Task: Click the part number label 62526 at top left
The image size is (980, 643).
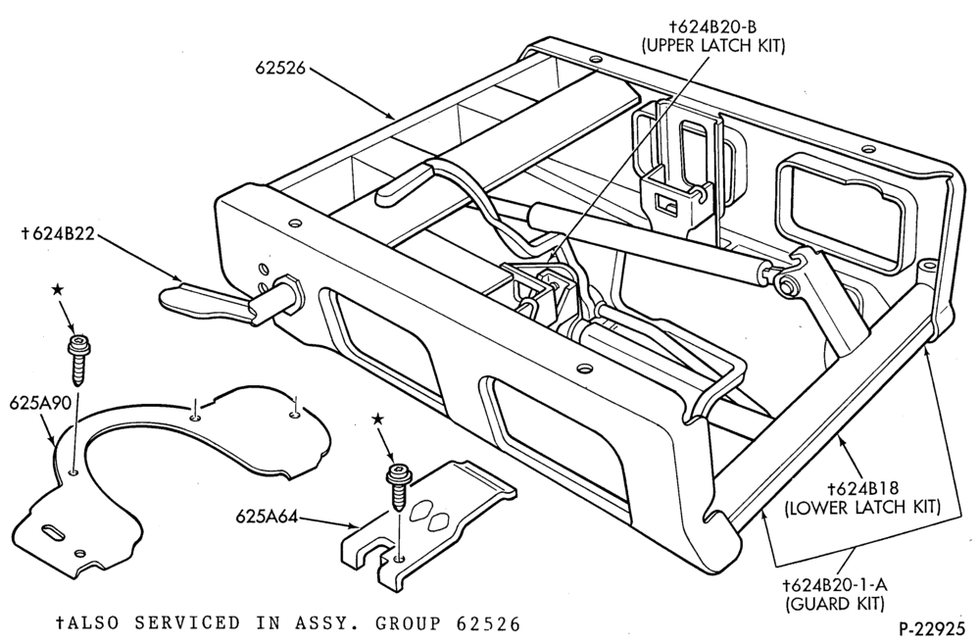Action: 280,68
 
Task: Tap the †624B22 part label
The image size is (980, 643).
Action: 58,233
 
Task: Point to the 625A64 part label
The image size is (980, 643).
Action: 262,517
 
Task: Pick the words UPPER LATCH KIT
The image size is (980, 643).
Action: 713,46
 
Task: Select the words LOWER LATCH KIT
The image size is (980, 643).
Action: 862,507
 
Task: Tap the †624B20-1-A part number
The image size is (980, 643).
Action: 835,585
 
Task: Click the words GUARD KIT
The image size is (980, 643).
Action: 835,604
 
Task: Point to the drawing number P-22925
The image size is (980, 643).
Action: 934,626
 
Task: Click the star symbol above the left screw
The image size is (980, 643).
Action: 58,289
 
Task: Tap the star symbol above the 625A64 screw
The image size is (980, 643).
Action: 377,419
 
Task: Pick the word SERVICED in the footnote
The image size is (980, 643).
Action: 187,623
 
